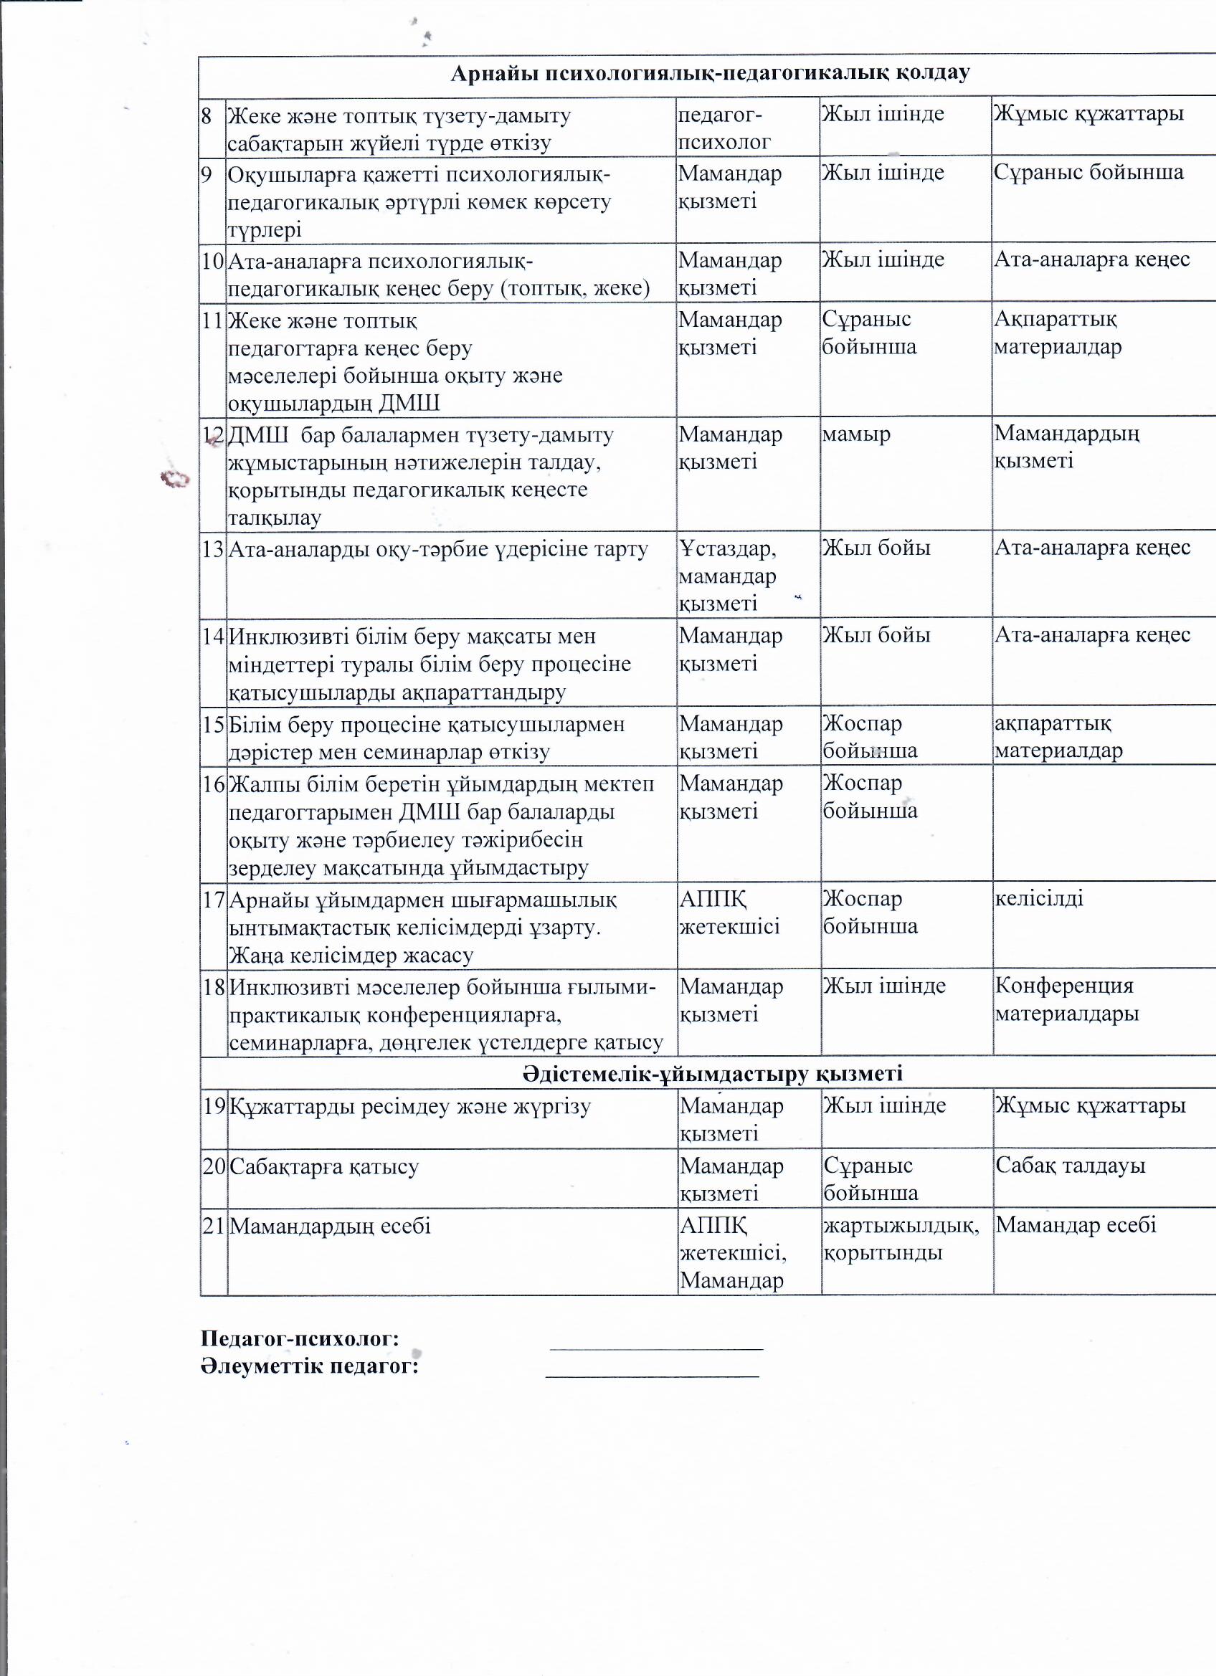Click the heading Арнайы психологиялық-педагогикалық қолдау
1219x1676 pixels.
pos(710,73)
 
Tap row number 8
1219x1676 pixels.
pos(207,116)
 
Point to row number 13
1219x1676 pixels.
pos(213,550)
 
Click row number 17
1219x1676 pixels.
pos(214,901)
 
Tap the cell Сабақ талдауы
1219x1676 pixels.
pos(1071,1167)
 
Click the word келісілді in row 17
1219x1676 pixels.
pos(1039,900)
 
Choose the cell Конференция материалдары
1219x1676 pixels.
pos(1066,1001)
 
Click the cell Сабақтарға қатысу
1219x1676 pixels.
pos(325,1168)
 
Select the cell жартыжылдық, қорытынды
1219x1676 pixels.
pos(901,1240)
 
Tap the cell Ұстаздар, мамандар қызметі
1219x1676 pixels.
pos(727,576)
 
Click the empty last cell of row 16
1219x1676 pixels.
pos(1104,824)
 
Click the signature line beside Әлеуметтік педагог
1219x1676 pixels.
pos(653,1376)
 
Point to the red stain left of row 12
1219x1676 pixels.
pos(176,480)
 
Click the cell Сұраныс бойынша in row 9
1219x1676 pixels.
pos(1088,173)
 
